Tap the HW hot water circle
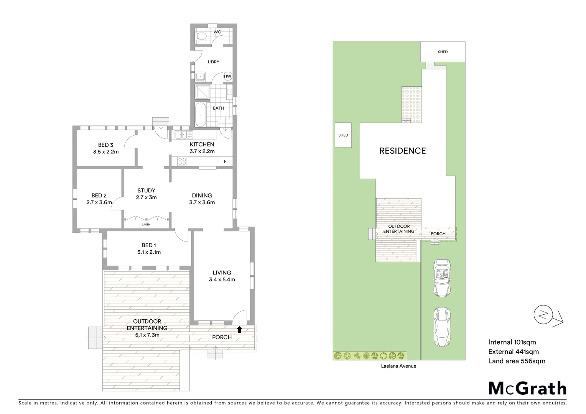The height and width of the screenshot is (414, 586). pos(227,76)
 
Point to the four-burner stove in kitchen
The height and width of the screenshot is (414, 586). pos(182,162)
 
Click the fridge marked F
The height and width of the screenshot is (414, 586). pos(225,162)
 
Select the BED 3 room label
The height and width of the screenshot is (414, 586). pos(105,145)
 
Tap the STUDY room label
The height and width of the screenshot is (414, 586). pos(146,191)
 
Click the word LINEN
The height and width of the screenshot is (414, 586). pos(146,224)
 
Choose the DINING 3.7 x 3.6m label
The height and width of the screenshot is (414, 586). pos(202,199)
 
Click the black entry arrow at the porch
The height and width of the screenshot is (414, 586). pos(239,329)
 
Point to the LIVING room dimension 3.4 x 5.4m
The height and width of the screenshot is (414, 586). pos(222,279)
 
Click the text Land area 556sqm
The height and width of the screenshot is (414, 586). pos(516,361)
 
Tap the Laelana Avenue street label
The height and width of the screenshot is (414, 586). pos(398,366)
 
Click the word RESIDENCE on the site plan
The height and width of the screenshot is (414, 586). pos(402,151)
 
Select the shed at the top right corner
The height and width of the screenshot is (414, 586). pos(443,52)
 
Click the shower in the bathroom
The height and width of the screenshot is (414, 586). pos(202,92)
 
